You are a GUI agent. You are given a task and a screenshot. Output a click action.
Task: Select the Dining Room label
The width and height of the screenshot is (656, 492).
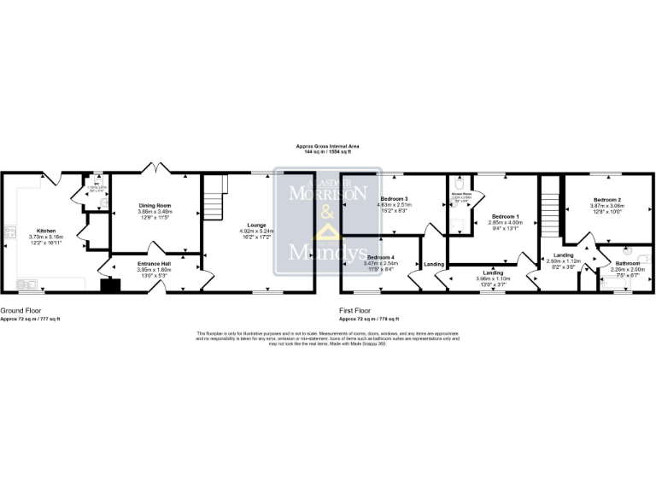pos(155,206)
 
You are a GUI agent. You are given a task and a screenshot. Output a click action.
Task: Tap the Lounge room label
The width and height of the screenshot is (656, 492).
pos(257,225)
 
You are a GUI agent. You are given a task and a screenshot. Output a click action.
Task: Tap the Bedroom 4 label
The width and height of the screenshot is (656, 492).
pos(381,257)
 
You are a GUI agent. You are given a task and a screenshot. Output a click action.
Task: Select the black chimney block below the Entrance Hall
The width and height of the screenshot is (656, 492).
pos(108,284)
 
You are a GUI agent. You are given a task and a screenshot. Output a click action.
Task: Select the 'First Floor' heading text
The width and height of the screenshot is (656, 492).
pos(354,311)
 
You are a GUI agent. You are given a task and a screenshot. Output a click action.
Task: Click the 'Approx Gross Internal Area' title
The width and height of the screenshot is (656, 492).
pos(327,145)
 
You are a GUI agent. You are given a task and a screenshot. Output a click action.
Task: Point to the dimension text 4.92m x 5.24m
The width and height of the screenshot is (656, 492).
pos(257,231)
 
